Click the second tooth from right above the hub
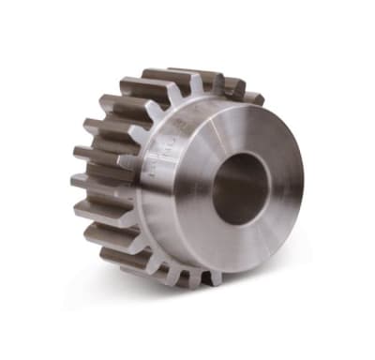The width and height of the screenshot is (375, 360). (228, 86)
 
